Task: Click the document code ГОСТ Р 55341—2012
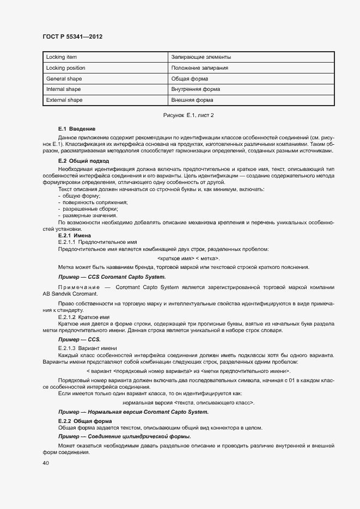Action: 72,36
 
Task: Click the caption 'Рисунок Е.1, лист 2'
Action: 188,115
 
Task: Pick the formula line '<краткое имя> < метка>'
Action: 188,258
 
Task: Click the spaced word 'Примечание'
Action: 77,287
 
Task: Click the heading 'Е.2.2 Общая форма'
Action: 84,421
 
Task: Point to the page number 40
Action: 46,463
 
